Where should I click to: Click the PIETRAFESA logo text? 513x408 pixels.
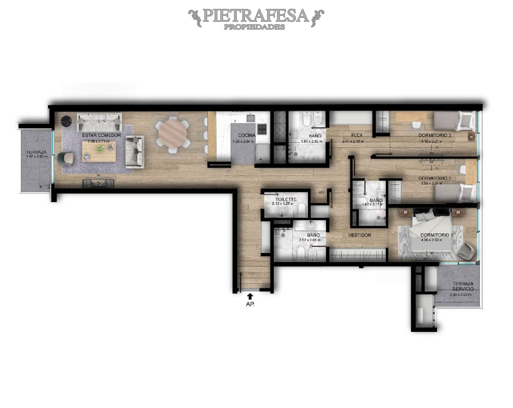click(256, 16)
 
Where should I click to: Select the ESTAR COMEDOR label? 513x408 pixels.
click(101, 135)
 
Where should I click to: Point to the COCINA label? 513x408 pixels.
click(247, 135)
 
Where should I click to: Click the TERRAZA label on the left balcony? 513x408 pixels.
click(35, 152)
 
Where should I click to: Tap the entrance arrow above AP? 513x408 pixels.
click(250, 296)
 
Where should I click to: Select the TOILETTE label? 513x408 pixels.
click(285, 199)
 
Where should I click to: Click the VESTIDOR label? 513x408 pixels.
click(360, 235)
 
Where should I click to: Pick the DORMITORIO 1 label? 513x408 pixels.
click(436, 235)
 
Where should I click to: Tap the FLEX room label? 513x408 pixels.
click(356, 135)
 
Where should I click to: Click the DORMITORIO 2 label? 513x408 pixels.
click(435, 178)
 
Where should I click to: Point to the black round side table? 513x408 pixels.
click(67, 121)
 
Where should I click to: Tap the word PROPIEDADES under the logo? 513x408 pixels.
click(254, 27)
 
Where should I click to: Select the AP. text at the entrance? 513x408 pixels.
click(250, 305)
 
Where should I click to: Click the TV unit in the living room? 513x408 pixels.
click(98, 183)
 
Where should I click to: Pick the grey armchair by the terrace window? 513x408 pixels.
click(66, 157)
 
